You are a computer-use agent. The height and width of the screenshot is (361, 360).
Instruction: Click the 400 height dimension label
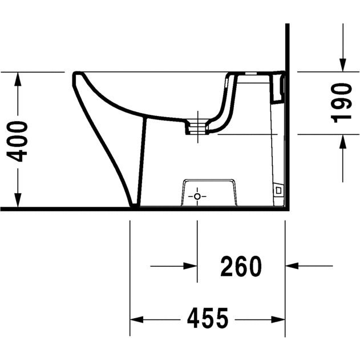coord(17,141)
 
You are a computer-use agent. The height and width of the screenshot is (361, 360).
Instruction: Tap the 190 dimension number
coord(341,103)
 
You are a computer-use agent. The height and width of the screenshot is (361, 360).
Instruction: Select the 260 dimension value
coord(241,266)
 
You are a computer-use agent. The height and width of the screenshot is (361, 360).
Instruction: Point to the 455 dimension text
coord(208,318)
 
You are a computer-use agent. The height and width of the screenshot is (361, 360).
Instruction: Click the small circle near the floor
coord(197,196)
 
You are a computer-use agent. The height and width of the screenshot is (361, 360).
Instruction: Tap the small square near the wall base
coord(278,190)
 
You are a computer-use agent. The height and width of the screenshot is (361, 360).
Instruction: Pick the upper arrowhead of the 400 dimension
coord(18,79)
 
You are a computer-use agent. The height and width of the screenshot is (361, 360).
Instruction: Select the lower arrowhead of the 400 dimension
coord(18,199)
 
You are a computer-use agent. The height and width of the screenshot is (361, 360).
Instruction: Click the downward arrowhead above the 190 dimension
coord(343,65)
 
